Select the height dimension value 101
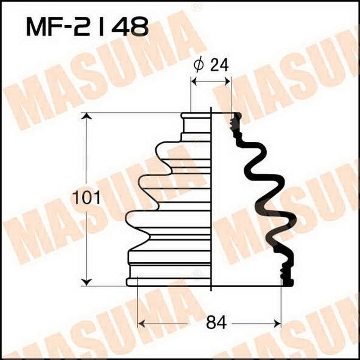click(x=87, y=198)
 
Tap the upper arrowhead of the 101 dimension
click(x=86, y=117)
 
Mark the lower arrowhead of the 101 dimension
click(x=86, y=282)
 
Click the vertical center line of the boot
click(x=211, y=198)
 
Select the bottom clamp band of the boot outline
click(x=169, y=282)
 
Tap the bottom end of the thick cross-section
click(x=287, y=282)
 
